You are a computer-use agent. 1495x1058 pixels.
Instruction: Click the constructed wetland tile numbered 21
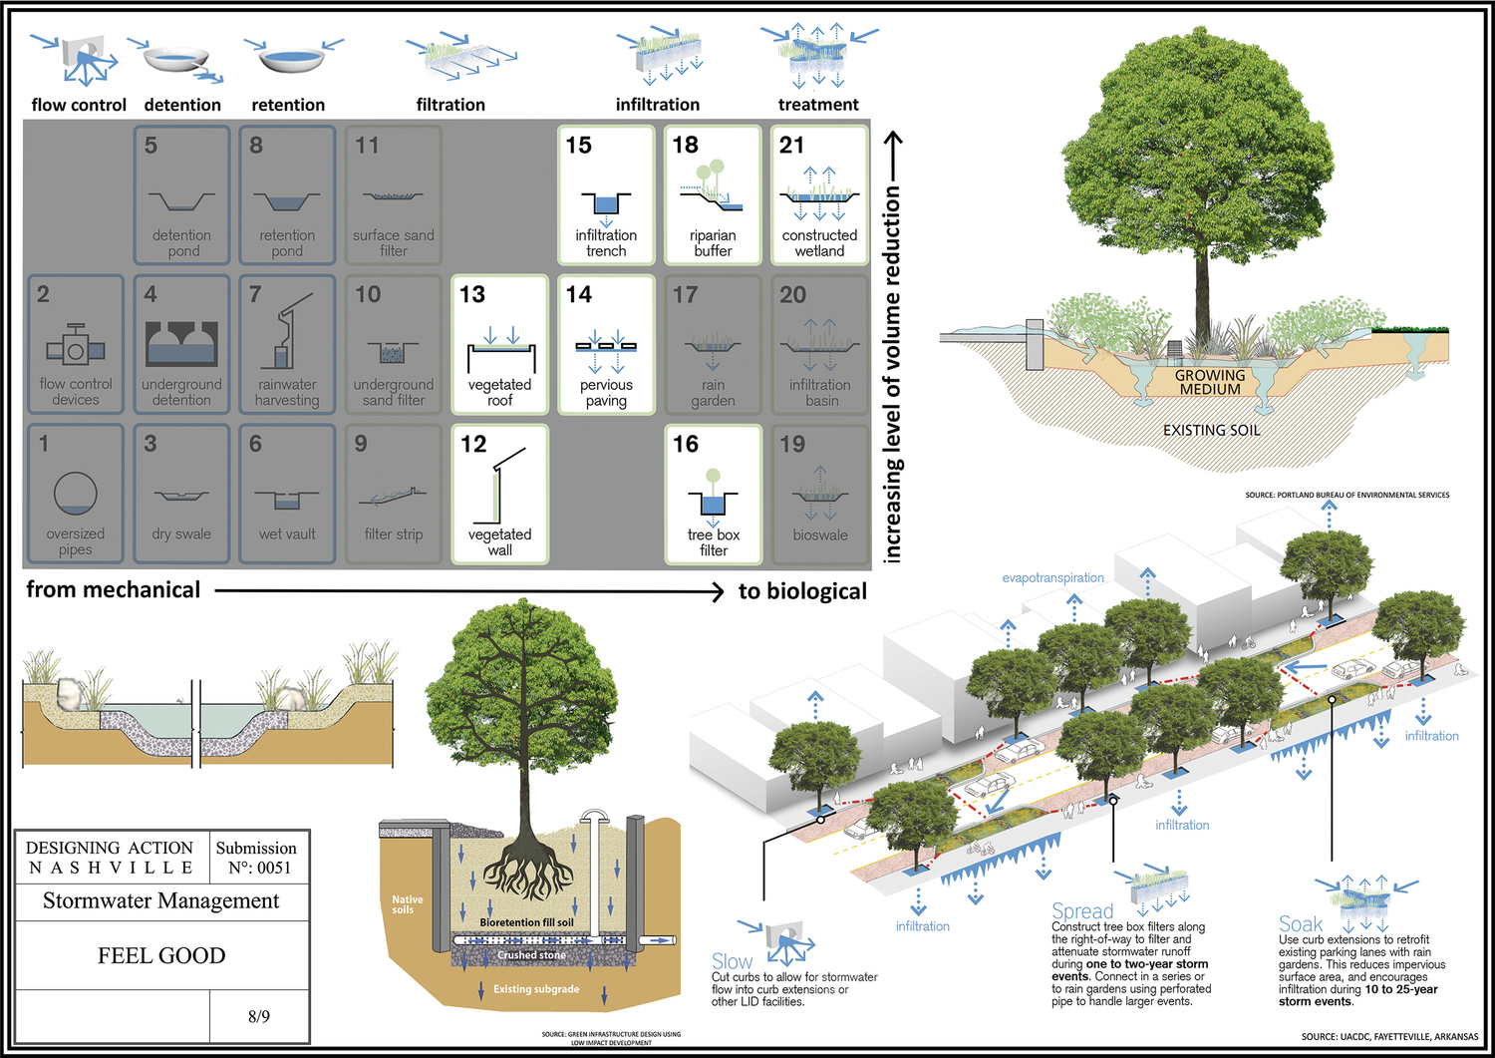819,195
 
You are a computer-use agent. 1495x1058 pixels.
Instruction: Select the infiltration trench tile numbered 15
606,195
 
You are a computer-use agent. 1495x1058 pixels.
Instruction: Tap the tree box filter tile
713,495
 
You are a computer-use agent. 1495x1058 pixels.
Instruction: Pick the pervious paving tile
606,345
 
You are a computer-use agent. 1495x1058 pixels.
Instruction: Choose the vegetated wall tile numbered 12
499,495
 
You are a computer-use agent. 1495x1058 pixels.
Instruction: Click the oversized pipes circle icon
76,492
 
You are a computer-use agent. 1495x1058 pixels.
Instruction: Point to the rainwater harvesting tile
287,345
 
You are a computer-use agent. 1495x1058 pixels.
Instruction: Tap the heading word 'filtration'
450,105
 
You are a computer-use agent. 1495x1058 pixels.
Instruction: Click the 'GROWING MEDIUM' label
1210,382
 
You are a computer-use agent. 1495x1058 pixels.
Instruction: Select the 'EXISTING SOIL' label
1211,430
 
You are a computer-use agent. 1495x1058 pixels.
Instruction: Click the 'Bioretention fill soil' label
526,922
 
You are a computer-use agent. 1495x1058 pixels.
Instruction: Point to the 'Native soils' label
407,904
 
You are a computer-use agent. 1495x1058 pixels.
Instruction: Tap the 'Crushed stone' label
531,955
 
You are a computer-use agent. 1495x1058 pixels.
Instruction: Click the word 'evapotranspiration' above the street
1052,577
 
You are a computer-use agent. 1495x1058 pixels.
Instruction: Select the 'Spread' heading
1082,911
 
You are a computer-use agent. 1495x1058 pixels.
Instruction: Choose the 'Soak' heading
1301,924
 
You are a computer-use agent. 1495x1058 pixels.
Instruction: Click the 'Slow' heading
732,962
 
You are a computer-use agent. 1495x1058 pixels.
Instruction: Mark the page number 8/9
259,1016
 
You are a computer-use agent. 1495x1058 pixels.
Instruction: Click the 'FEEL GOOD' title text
161,955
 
